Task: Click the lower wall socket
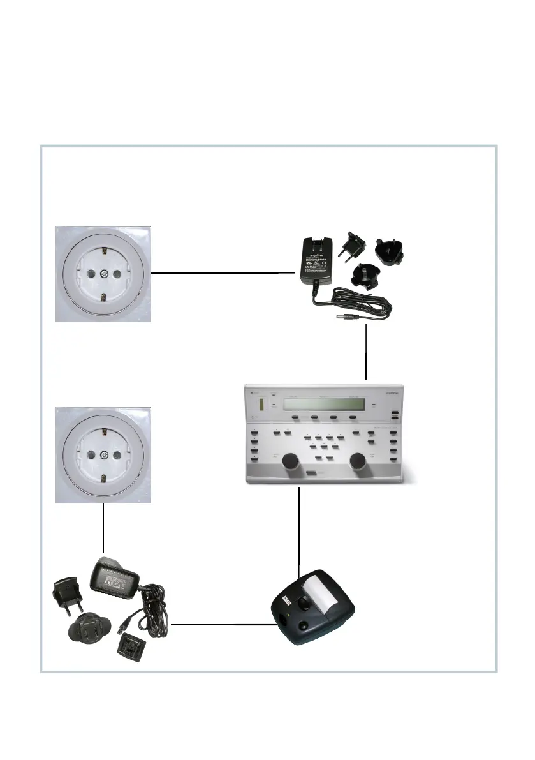[103, 454]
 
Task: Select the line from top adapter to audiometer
[366, 351]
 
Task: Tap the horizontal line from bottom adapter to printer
[220, 625]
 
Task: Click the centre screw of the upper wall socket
[103, 274]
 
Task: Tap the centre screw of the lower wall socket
[103, 455]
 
